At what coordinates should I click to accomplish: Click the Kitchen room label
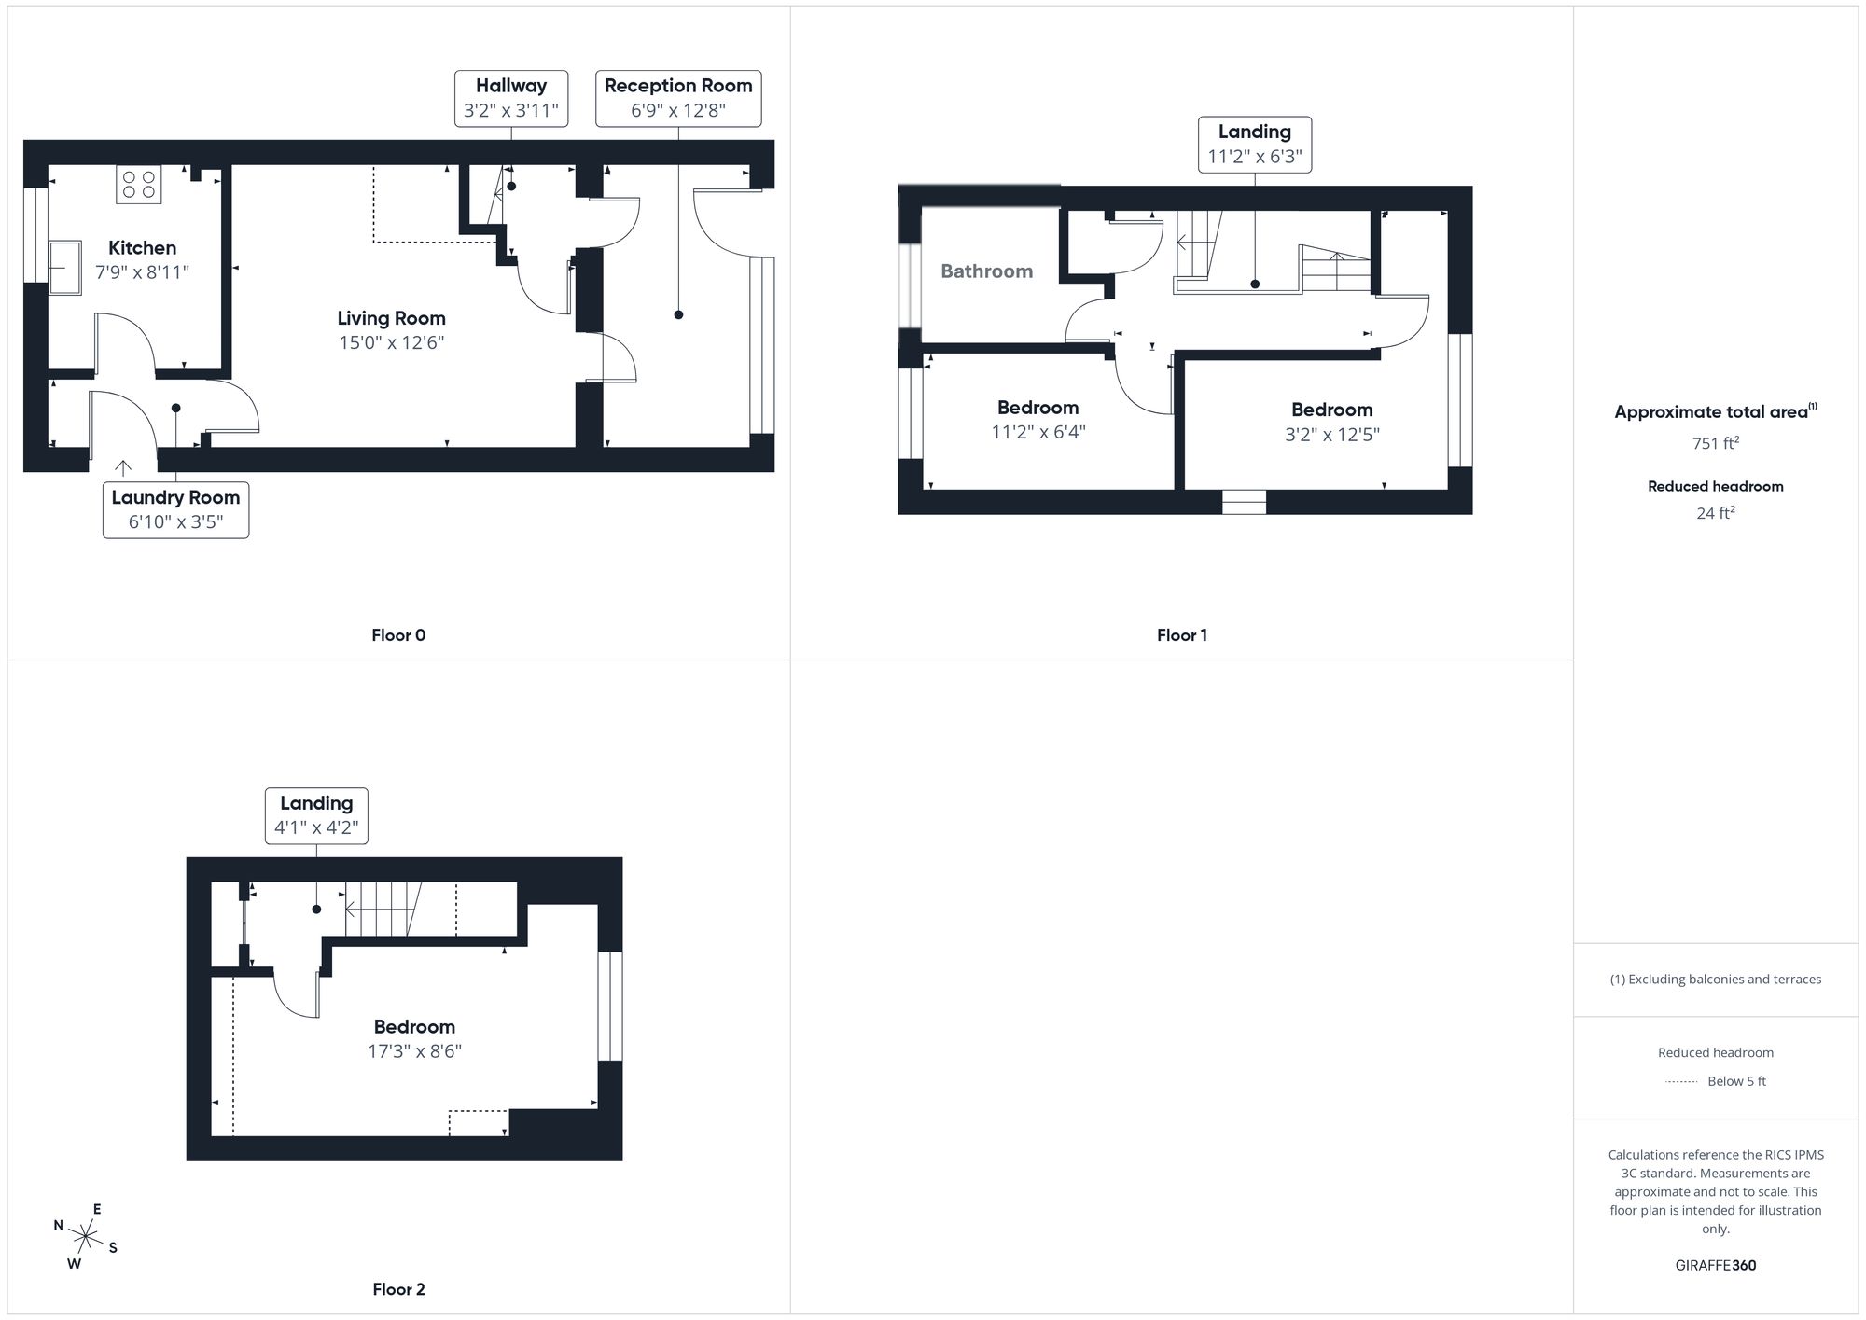pyautogui.click(x=142, y=248)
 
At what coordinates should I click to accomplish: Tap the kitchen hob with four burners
pyautogui.click(x=138, y=184)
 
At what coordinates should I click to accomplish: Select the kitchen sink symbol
pyautogui.click(x=64, y=267)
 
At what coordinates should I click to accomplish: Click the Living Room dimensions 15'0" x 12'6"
pyautogui.click(x=391, y=342)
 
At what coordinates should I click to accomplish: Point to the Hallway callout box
pyautogui.click(x=510, y=98)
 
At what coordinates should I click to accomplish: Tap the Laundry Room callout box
pyautogui.click(x=175, y=509)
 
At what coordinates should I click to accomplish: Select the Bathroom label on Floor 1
pyautogui.click(x=986, y=271)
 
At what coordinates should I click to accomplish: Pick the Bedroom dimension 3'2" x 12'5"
pyautogui.click(x=1331, y=434)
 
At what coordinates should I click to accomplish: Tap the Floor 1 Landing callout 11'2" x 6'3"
pyautogui.click(x=1254, y=145)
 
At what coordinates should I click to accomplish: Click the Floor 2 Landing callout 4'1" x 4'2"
pyautogui.click(x=316, y=815)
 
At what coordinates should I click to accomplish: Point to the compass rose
pyautogui.click(x=86, y=1238)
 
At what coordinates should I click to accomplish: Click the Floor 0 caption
pyautogui.click(x=398, y=635)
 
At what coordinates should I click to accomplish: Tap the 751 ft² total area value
pyautogui.click(x=1715, y=443)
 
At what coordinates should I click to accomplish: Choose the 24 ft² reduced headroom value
pyautogui.click(x=1715, y=513)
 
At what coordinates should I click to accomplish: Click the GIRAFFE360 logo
pyautogui.click(x=1715, y=1266)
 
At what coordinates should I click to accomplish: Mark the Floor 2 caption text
pyautogui.click(x=398, y=1289)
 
